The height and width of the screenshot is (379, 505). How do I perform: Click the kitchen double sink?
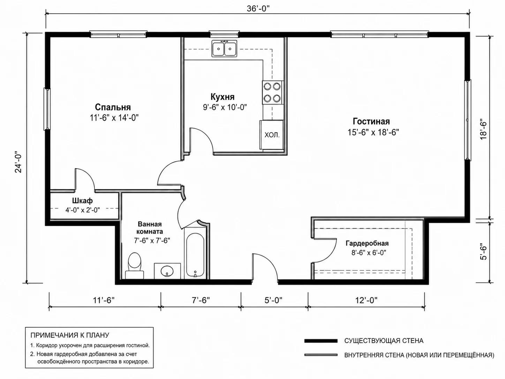(x=224, y=49)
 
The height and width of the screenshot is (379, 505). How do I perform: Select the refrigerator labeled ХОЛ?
(x=271, y=135)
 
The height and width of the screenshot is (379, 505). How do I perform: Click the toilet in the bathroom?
(x=134, y=266)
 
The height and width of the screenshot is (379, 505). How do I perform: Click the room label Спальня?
(x=113, y=107)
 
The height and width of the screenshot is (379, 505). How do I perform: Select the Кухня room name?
(x=223, y=97)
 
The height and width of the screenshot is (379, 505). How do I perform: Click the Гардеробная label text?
(x=367, y=244)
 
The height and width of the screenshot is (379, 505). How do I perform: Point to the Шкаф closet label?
(x=82, y=201)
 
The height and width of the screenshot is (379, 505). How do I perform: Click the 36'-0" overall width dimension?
(x=258, y=8)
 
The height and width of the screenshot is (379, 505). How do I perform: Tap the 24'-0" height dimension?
(x=18, y=162)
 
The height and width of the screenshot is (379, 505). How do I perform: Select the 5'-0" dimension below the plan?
(x=273, y=300)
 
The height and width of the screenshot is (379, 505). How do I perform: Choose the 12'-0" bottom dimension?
(x=367, y=300)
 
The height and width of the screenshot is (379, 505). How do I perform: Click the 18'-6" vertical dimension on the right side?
(x=483, y=130)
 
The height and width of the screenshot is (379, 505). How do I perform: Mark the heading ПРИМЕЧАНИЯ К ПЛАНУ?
(x=70, y=335)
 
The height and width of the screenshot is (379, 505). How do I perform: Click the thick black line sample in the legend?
(x=321, y=341)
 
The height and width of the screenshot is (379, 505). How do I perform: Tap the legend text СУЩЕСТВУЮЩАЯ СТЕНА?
(x=384, y=341)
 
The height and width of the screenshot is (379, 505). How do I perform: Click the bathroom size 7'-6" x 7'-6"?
(x=152, y=240)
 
